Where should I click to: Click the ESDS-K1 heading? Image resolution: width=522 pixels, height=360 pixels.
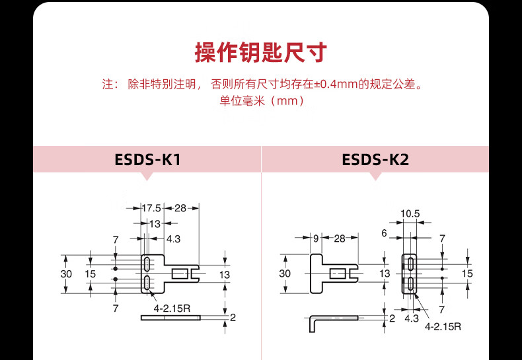147,159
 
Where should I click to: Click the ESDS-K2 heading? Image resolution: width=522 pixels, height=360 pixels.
375,159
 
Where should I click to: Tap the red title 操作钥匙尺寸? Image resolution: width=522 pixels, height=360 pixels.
260,52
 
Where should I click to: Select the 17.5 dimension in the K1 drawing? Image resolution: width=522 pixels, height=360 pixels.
151,208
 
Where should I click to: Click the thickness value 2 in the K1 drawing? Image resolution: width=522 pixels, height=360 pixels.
233,318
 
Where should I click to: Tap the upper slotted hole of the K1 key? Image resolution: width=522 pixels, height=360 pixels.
145,264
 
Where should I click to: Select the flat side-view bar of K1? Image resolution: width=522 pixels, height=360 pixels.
170,318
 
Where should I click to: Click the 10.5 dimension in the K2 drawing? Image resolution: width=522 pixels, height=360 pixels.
410,213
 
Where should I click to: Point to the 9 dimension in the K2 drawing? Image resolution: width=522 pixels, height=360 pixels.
316,238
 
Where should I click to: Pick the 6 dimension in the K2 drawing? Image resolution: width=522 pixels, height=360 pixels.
383,233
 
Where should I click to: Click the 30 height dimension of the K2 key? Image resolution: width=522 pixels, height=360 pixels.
285,273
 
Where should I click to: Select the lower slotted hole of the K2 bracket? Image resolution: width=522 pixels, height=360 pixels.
410,285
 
